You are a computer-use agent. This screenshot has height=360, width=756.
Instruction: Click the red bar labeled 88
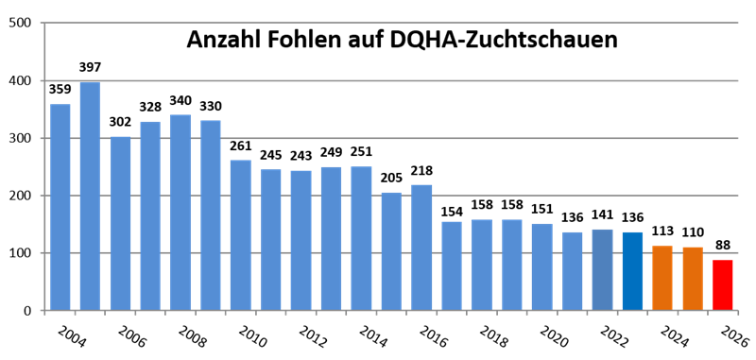723,284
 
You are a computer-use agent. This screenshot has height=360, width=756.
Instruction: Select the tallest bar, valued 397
90,197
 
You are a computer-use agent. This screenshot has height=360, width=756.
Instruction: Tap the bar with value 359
60,207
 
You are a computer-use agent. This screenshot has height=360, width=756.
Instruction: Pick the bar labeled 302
120,223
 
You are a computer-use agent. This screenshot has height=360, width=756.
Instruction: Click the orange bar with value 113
662,278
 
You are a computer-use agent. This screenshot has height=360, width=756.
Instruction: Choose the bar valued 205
391,251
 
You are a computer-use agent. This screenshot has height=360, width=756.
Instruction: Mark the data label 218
421,172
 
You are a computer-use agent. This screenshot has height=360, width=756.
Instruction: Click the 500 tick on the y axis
19,23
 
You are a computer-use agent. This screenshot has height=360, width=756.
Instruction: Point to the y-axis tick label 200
19,196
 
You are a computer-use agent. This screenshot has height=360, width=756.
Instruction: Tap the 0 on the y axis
27,310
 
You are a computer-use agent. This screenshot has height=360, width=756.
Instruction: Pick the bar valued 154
452,266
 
